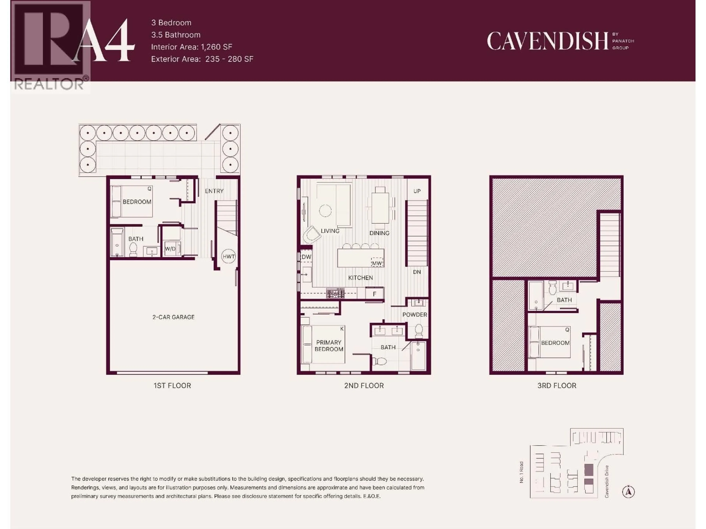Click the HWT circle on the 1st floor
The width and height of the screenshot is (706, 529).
(x=229, y=256)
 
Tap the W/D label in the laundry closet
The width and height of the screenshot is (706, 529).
(x=170, y=249)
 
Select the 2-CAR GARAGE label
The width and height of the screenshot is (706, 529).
(x=173, y=317)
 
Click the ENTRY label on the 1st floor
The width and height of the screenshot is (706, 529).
(x=214, y=191)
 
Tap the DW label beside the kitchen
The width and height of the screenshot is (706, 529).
(x=306, y=257)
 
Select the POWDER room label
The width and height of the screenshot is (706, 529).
(x=415, y=314)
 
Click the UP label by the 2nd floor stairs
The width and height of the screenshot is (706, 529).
(x=417, y=191)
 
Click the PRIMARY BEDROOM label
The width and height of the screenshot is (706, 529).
(x=329, y=346)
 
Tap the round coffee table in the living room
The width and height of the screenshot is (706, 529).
(x=325, y=211)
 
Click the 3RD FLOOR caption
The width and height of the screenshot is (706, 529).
(x=557, y=386)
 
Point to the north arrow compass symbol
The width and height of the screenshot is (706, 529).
(x=628, y=492)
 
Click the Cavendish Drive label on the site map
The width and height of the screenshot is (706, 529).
(x=607, y=481)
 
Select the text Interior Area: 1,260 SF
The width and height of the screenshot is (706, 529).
(x=192, y=47)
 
